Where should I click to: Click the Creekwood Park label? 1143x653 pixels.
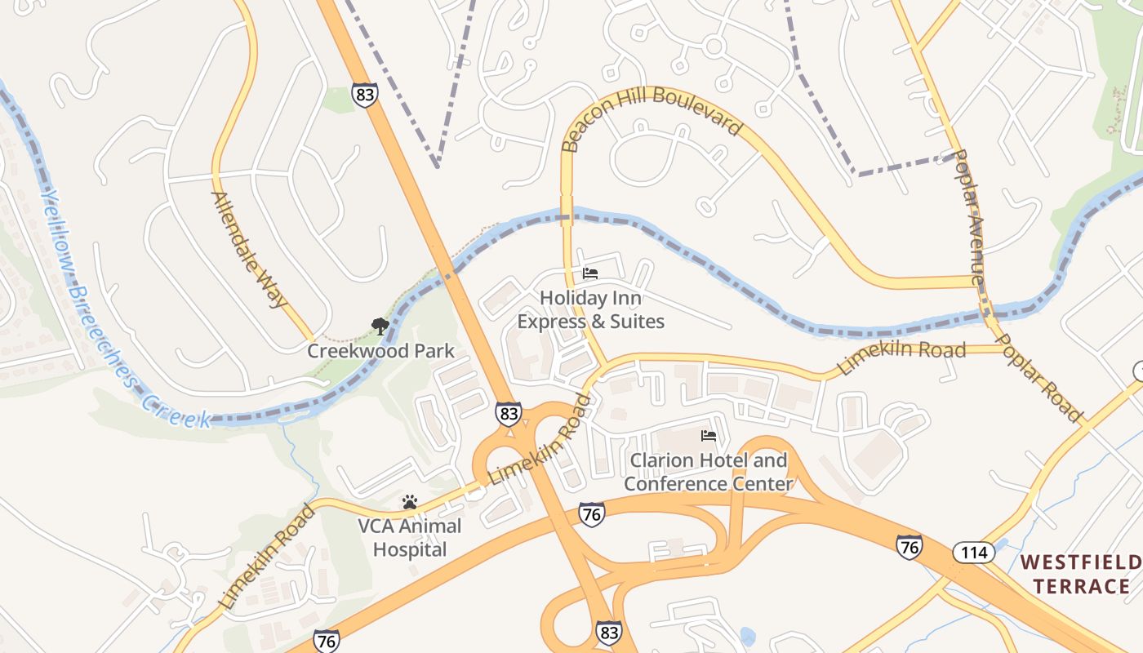380,351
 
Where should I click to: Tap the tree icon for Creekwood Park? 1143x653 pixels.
380,327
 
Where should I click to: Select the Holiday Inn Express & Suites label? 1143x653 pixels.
590,310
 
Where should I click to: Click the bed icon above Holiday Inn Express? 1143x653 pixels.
590,273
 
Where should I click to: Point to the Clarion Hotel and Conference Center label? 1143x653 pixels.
708,472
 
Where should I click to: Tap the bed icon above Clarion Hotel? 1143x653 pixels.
709,436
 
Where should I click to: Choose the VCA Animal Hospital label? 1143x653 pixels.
410,537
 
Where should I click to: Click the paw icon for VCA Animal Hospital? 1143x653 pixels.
410,501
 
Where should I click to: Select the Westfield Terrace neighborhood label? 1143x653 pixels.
1080,574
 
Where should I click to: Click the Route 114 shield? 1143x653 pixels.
974,553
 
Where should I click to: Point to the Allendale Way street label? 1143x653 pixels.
249,249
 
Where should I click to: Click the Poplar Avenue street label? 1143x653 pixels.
970,217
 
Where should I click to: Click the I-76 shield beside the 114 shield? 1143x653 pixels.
910,546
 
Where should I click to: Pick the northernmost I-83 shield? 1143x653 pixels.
365,95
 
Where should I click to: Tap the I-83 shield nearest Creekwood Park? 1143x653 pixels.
509,413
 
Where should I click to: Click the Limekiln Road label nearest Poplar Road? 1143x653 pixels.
901,358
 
